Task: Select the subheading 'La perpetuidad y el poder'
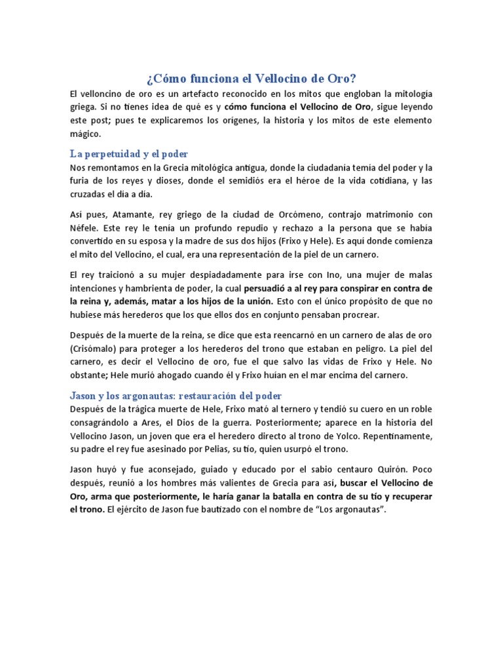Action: coord(129,154)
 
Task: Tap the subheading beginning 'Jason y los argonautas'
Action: coord(176,396)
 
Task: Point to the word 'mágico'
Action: coord(85,134)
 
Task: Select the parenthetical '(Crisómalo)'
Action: coord(97,349)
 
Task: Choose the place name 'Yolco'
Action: coord(383,436)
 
